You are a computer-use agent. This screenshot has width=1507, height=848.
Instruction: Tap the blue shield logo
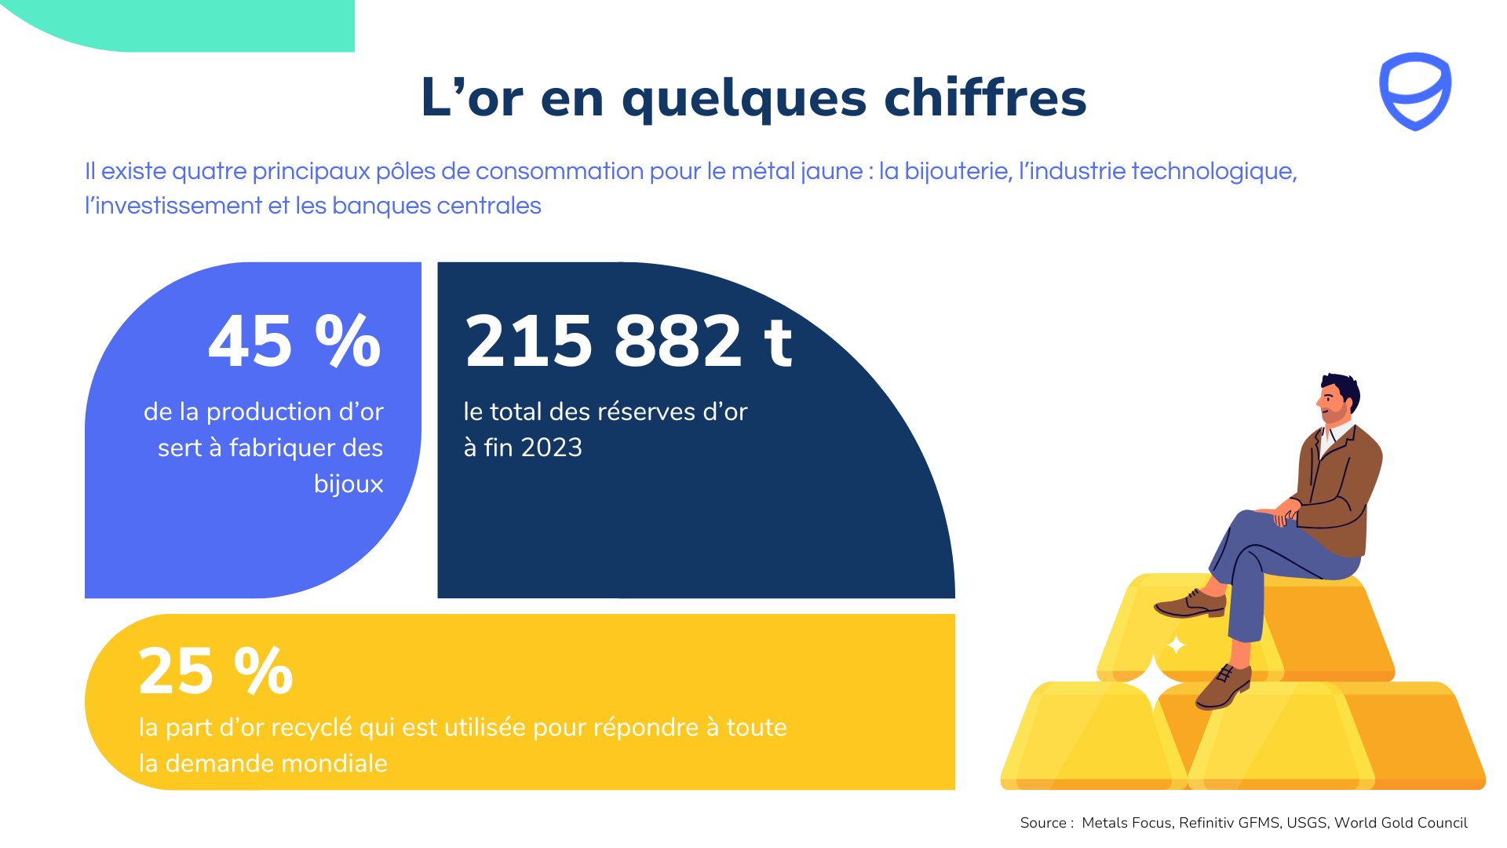[1415, 91]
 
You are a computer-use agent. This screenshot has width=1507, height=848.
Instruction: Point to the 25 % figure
[215, 671]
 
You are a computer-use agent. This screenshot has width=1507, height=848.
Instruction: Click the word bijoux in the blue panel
[348, 484]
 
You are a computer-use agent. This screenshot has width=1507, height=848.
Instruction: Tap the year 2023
[552, 448]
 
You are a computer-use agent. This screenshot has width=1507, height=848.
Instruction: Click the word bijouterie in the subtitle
[957, 171]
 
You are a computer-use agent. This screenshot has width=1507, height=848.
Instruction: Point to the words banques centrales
[436, 206]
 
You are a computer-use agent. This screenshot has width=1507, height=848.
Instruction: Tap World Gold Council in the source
[1400, 823]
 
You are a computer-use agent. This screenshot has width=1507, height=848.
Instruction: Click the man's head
[1337, 398]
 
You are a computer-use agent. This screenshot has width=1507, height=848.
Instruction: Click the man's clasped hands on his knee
[1285, 513]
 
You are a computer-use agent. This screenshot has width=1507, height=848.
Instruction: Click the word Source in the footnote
[1043, 823]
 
